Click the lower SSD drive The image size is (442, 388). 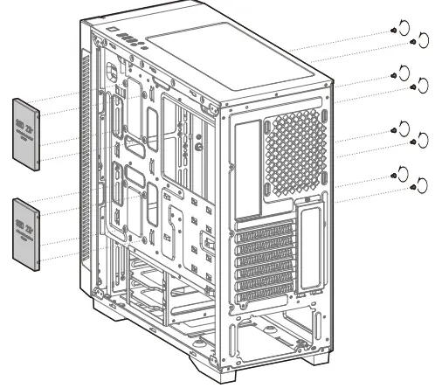[x=26, y=229]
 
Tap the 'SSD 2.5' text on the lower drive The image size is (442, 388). [x=25, y=228]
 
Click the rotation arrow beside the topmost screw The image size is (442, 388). [x=404, y=25]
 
